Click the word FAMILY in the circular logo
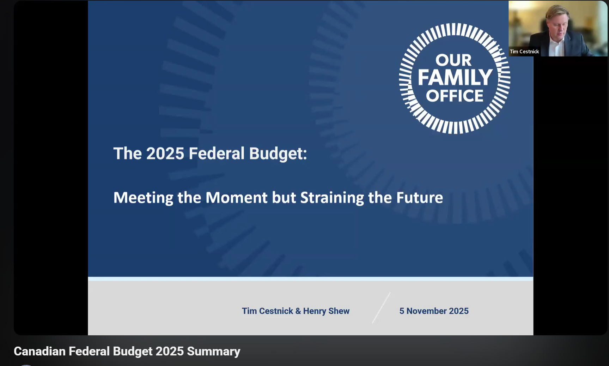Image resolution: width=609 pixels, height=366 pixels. click(x=455, y=77)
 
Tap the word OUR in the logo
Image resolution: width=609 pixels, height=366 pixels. click(x=453, y=60)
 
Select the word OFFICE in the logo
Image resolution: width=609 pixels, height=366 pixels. click(x=455, y=96)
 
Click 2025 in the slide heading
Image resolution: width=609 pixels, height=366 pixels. click(x=165, y=154)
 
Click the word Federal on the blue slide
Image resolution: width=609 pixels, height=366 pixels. click(x=217, y=154)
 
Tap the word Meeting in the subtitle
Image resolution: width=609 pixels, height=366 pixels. click(x=143, y=198)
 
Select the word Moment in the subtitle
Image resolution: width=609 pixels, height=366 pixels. click(x=236, y=198)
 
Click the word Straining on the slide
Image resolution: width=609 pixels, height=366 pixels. click(x=332, y=198)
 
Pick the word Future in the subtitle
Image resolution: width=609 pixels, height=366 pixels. click(x=420, y=198)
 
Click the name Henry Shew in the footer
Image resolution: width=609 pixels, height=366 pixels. click(x=326, y=311)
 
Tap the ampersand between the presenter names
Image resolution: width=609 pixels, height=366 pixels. click(x=298, y=311)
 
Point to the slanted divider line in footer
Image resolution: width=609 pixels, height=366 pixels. click(x=381, y=308)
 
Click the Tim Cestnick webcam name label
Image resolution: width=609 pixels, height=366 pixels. click(x=524, y=52)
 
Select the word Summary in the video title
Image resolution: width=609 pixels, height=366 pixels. click(x=213, y=352)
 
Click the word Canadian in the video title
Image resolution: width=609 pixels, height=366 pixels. click(x=39, y=352)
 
